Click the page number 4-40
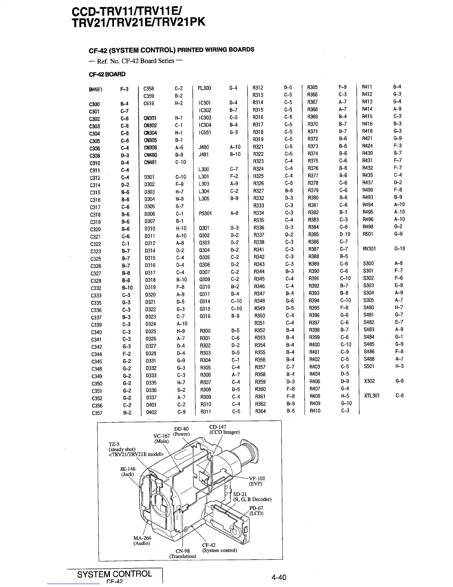click(x=279, y=577)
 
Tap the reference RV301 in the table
click(x=369, y=249)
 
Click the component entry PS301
click(x=205, y=213)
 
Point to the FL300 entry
click(x=204, y=88)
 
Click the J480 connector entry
click(x=204, y=147)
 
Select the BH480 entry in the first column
click(x=95, y=89)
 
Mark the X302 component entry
click(x=369, y=381)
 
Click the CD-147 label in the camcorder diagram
click(x=218, y=427)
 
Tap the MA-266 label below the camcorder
click(x=142, y=538)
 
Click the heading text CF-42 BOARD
click(x=107, y=74)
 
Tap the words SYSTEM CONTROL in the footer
click(x=114, y=574)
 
